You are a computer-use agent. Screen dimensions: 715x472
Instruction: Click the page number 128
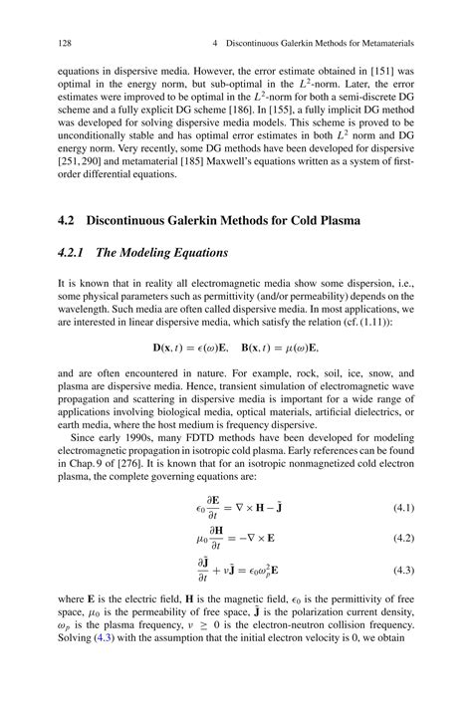coord(55,46)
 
